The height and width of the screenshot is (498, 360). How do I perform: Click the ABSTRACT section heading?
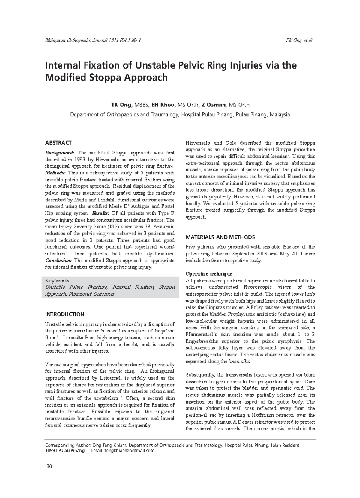58,143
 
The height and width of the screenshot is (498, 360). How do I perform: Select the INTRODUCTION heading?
64,314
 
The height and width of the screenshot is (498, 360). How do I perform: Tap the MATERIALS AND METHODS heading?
220,237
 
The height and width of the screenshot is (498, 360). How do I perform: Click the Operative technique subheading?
209,274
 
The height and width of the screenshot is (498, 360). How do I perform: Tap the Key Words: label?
58,281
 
